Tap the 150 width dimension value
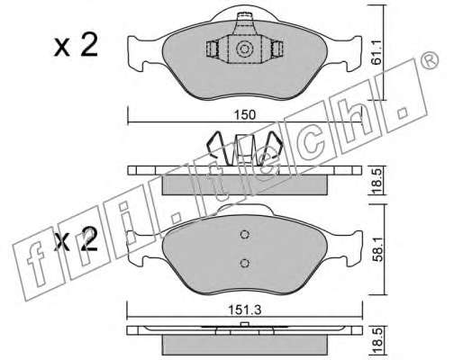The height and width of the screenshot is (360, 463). (245, 115)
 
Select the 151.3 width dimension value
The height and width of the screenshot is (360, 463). (245, 310)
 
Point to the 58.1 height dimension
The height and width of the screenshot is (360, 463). (377, 248)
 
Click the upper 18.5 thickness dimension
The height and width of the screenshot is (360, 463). (377, 181)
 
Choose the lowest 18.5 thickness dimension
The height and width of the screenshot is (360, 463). (377, 341)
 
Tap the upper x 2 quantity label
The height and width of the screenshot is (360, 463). (76, 45)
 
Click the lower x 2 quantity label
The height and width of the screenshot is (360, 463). (76, 239)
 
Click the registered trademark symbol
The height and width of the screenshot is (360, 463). (429, 61)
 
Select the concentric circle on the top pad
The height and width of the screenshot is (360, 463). (242, 49)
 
